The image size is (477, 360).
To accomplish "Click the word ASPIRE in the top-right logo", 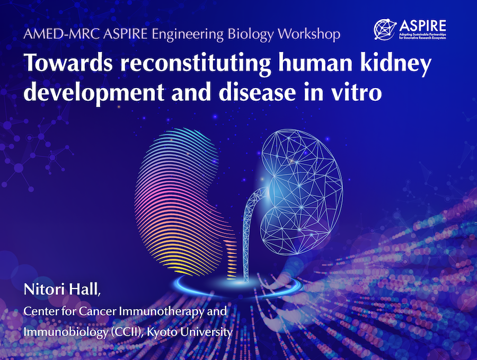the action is point(422,26).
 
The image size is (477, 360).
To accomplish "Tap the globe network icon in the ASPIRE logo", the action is point(385,29).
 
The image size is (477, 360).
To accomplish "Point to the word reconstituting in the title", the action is point(196,65).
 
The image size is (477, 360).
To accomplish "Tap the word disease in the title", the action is point(257,92).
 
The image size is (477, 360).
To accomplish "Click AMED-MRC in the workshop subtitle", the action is point(61,34).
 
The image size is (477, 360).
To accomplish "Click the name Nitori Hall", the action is point(61,289).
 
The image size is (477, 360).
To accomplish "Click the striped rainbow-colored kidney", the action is point(182,201).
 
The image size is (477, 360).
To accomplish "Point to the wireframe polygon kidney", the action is point(301,192).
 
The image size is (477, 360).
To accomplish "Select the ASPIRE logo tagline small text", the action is point(422,36).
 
